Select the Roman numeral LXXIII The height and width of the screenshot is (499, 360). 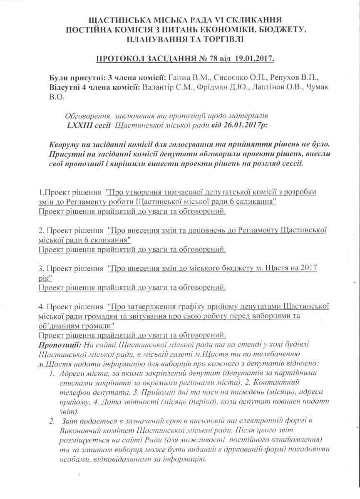point(81,124)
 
